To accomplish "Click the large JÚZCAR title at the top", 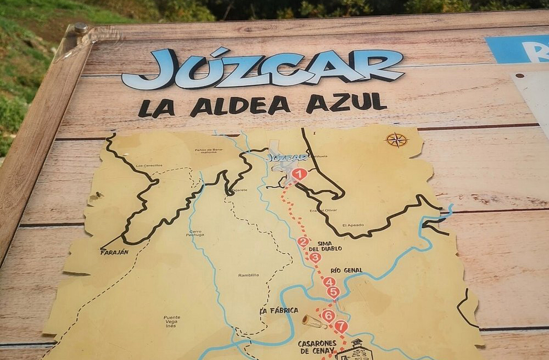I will click(262, 69).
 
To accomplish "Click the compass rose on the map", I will click(397, 140).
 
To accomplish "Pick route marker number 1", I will click(299, 174).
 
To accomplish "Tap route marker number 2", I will click(303, 242).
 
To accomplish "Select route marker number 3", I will click(315, 257).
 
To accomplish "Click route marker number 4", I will click(329, 282).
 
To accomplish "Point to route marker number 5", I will click(333, 292).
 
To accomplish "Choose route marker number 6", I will click(328, 316).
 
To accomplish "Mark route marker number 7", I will click(341, 327).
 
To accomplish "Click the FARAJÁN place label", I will click(115, 252).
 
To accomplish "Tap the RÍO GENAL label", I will click(347, 270).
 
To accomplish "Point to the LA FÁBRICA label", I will click(279, 310).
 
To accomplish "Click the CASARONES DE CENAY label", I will click(317, 347).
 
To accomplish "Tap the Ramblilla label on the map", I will click(249, 275).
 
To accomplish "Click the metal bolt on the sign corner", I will click(80, 28).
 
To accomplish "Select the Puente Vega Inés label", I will click(172, 321).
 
